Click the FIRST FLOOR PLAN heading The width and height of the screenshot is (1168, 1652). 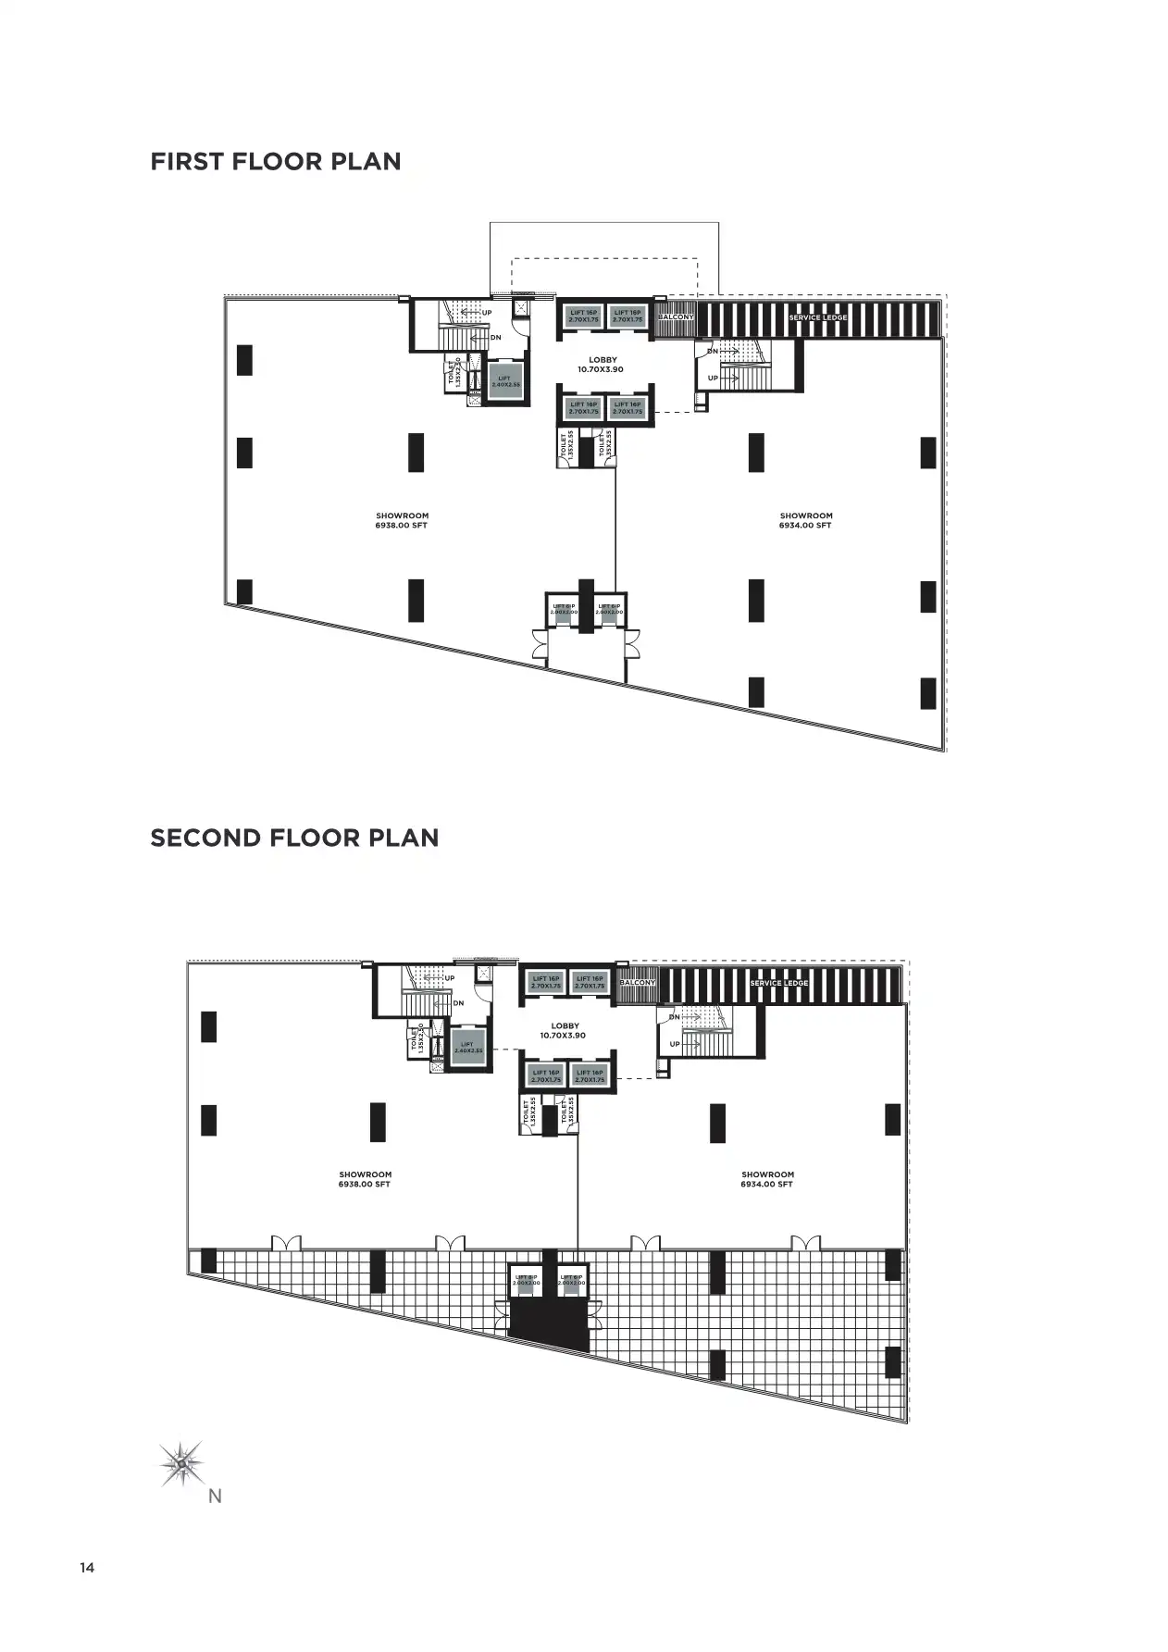pos(276,162)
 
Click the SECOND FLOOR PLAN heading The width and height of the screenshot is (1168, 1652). pos(294,838)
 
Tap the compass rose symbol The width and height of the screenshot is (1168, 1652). pos(181,1463)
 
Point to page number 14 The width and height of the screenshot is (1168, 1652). pos(87,1568)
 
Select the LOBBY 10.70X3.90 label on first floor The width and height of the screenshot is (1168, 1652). pos(602,365)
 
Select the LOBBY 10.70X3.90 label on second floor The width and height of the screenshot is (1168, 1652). pos(565,1031)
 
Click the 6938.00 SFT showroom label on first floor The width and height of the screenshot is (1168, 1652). pos(402,521)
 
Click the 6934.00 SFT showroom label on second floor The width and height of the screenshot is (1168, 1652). pos(766,1180)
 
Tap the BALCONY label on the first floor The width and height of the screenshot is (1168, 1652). pos(675,317)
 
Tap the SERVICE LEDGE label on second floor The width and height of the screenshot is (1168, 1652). pos(778,983)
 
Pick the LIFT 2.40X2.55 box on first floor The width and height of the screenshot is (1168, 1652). pos(504,380)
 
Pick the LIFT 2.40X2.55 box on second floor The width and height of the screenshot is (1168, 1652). pos(467,1047)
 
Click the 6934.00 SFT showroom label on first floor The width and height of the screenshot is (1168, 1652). pos(805,521)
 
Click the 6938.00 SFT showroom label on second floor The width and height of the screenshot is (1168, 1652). pos(365,1180)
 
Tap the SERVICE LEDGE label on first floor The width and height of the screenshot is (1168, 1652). pos(817,317)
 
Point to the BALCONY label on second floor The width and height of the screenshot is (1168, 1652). pos(637,983)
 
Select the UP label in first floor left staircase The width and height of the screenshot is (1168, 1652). pos(487,313)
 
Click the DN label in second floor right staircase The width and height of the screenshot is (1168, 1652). pos(675,1017)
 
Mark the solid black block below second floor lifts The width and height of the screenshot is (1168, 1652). pos(549,1318)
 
